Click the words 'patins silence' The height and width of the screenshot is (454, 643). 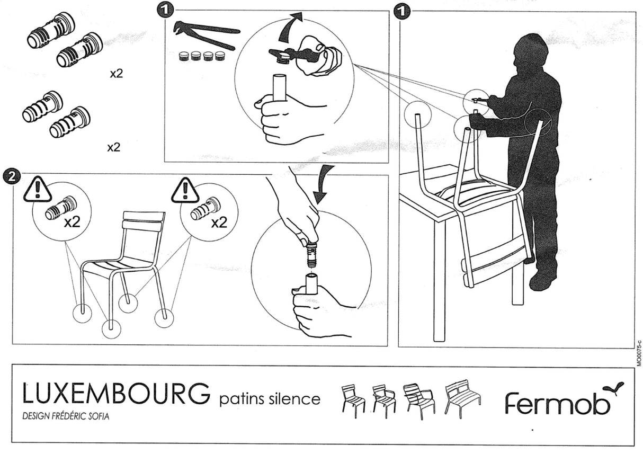(x=270, y=398)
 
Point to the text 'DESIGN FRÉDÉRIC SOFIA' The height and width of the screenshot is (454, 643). (x=66, y=416)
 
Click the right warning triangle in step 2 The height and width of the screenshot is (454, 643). (x=185, y=190)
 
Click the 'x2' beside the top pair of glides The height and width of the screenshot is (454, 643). (x=116, y=74)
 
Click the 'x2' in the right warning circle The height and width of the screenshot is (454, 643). (x=219, y=222)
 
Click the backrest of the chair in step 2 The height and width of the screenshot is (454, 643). (x=144, y=221)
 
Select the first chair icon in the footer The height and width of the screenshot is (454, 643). (x=353, y=400)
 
